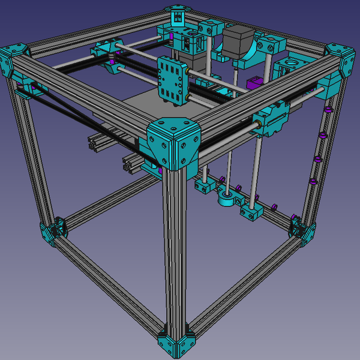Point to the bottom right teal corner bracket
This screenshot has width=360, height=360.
click(303, 230)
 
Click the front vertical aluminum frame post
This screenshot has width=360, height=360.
click(175, 252)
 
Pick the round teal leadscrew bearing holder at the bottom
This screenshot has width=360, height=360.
click(226, 198)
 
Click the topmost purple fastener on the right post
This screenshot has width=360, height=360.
click(328, 110)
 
